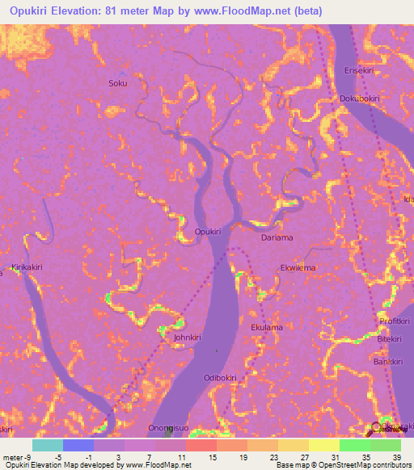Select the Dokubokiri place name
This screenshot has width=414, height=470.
point(359,99)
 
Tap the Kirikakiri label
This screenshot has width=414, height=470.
point(28,266)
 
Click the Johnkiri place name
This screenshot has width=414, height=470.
point(181,339)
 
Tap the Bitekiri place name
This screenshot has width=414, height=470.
point(390,339)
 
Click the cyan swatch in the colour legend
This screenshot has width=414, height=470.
point(47,445)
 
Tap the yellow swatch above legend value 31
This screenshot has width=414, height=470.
point(323,445)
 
